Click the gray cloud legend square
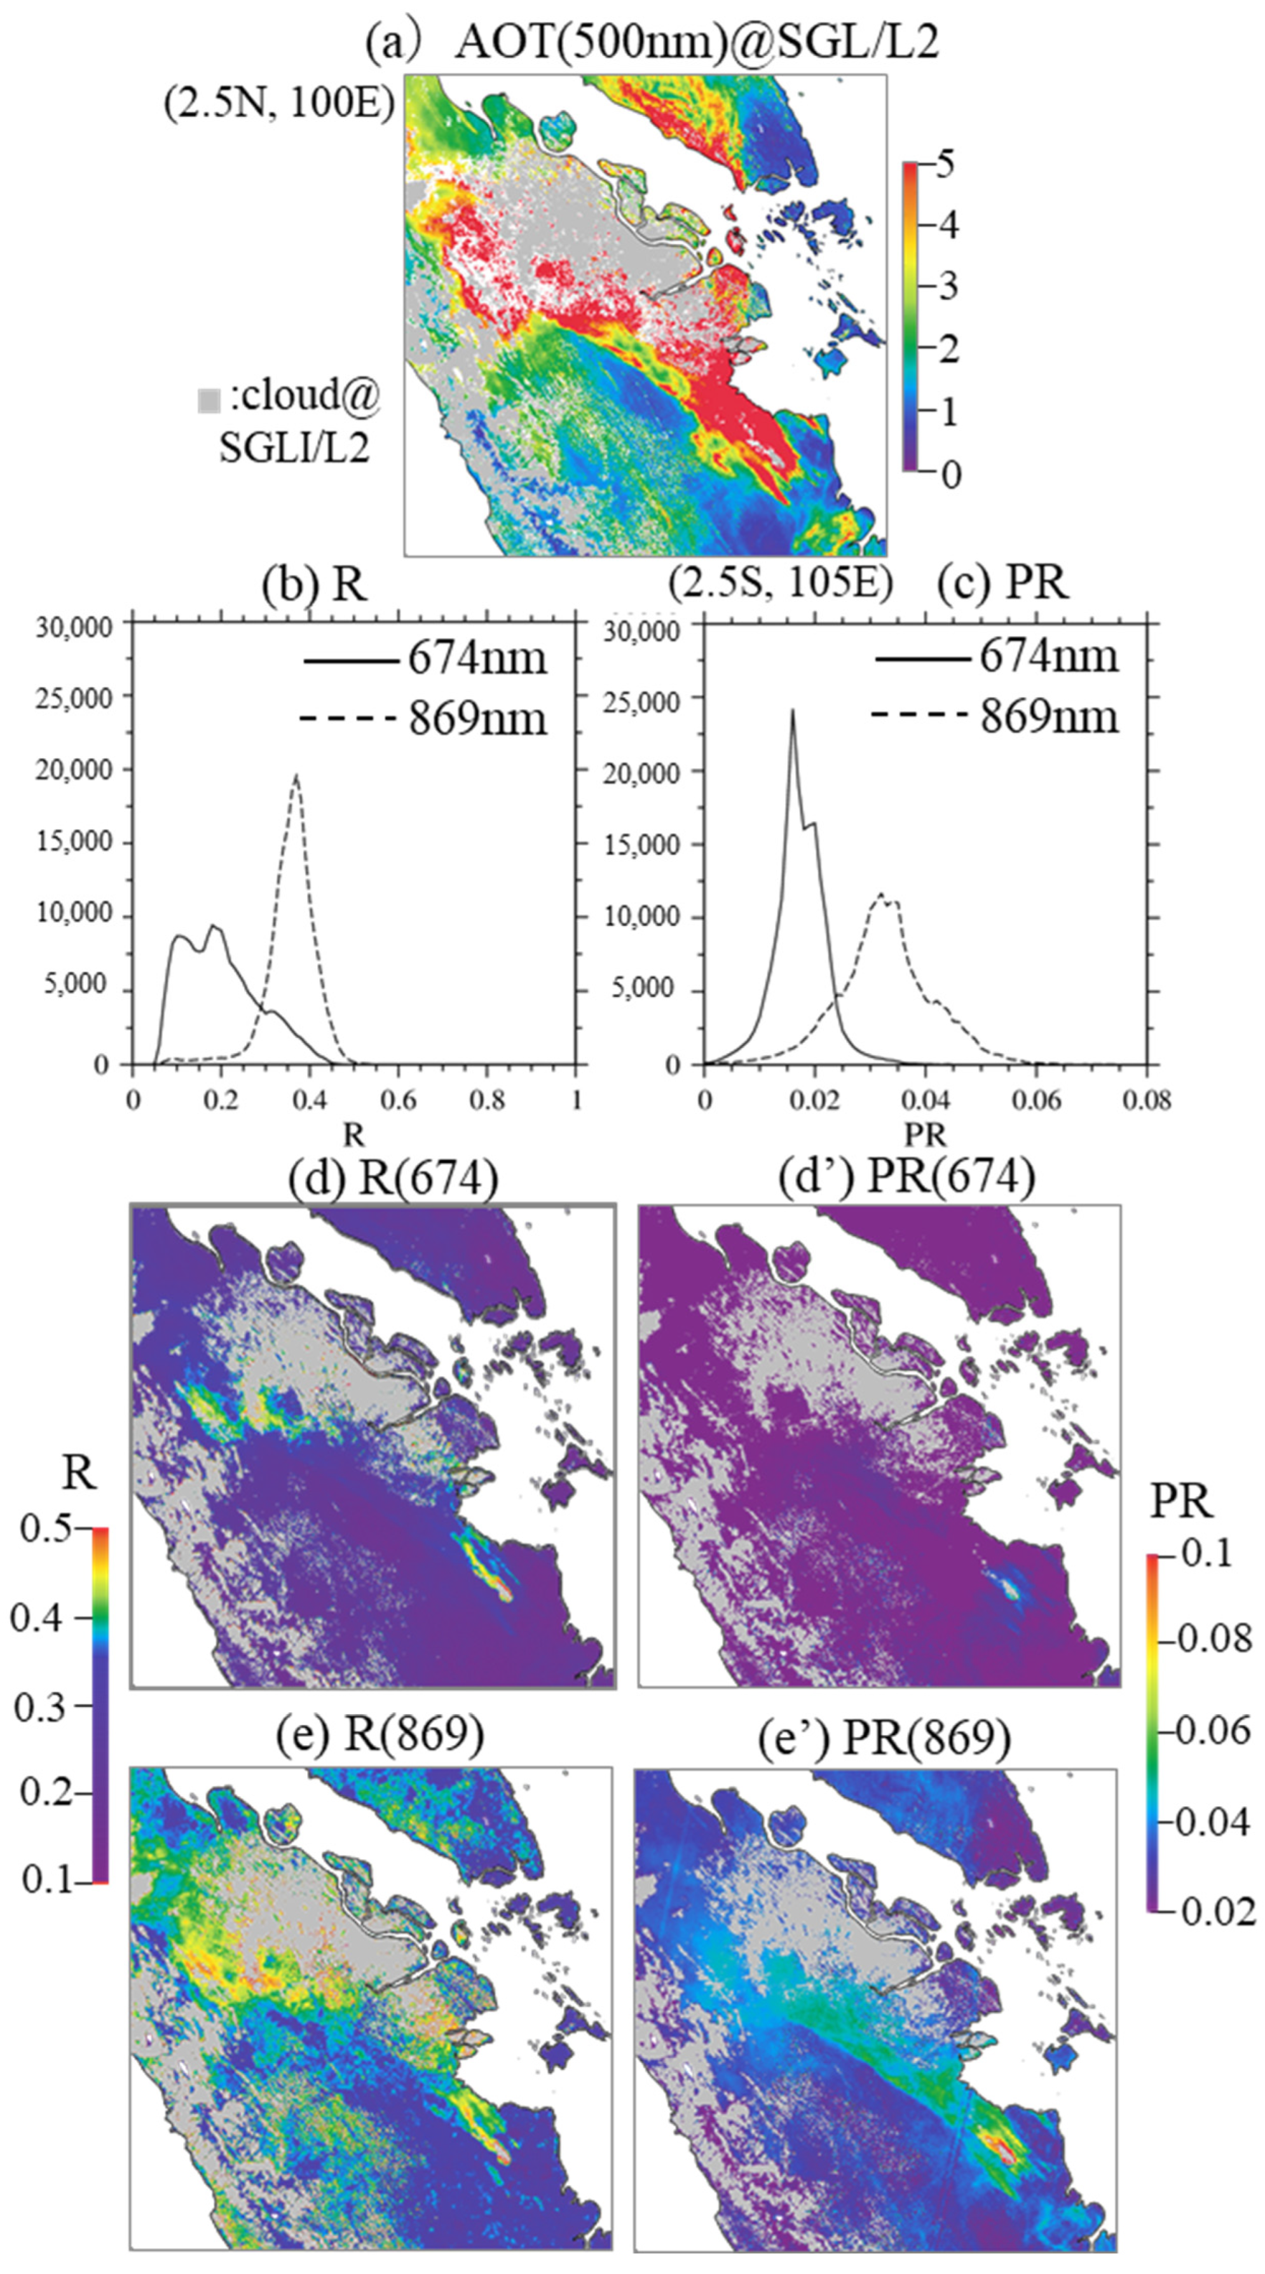coord(209,401)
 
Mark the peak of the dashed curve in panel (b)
coord(297,775)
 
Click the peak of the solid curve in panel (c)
coord(792,711)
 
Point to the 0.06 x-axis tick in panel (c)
coord(1036,1101)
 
